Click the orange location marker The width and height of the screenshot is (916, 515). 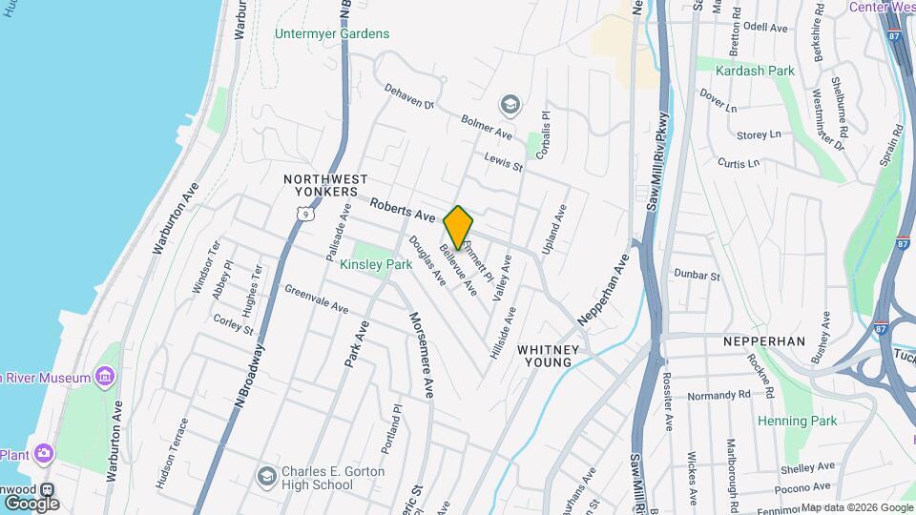(x=459, y=227)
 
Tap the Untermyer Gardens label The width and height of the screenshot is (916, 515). (x=332, y=34)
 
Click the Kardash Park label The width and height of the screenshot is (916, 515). (x=759, y=71)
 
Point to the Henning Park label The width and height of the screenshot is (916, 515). (x=797, y=421)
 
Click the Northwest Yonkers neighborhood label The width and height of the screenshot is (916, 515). (x=325, y=185)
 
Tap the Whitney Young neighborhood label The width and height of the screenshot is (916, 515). (x=548, y=356)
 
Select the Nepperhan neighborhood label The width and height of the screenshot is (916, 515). (x=764, y=341)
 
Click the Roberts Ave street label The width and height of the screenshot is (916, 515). (x=402, y=209)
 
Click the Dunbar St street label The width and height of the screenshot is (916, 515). (x=697, y=276)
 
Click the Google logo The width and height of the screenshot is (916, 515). (x=31, y=503)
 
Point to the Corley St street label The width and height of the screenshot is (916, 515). (x=233, y=325)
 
